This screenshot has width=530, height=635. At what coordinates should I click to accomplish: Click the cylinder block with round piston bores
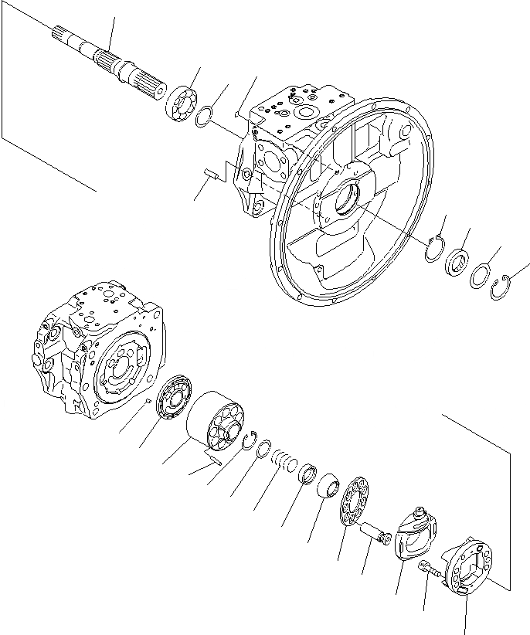click(217, 422)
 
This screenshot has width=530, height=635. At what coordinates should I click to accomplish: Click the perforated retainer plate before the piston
click(354, 504)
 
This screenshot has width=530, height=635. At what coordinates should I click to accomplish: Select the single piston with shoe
click(375, 532)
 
